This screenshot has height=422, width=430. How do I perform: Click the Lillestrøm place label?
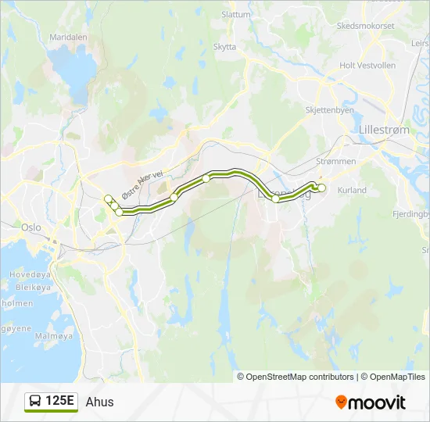382,130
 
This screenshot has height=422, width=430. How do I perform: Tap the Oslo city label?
31,227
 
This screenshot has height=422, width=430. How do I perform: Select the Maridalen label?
68,37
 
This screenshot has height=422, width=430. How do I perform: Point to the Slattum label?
236,14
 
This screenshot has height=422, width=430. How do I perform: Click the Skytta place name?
224,47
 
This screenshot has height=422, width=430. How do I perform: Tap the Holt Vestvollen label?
368,66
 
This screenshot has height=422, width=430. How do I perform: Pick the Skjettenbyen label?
330,110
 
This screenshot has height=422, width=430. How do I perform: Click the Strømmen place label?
337,161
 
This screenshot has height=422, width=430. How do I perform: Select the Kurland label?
351,190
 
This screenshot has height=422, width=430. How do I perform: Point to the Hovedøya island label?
29,274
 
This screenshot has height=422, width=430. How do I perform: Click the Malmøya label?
54,335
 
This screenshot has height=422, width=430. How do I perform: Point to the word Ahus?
99,402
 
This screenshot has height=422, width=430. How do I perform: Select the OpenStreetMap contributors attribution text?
296,377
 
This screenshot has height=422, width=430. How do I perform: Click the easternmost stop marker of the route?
321,188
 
